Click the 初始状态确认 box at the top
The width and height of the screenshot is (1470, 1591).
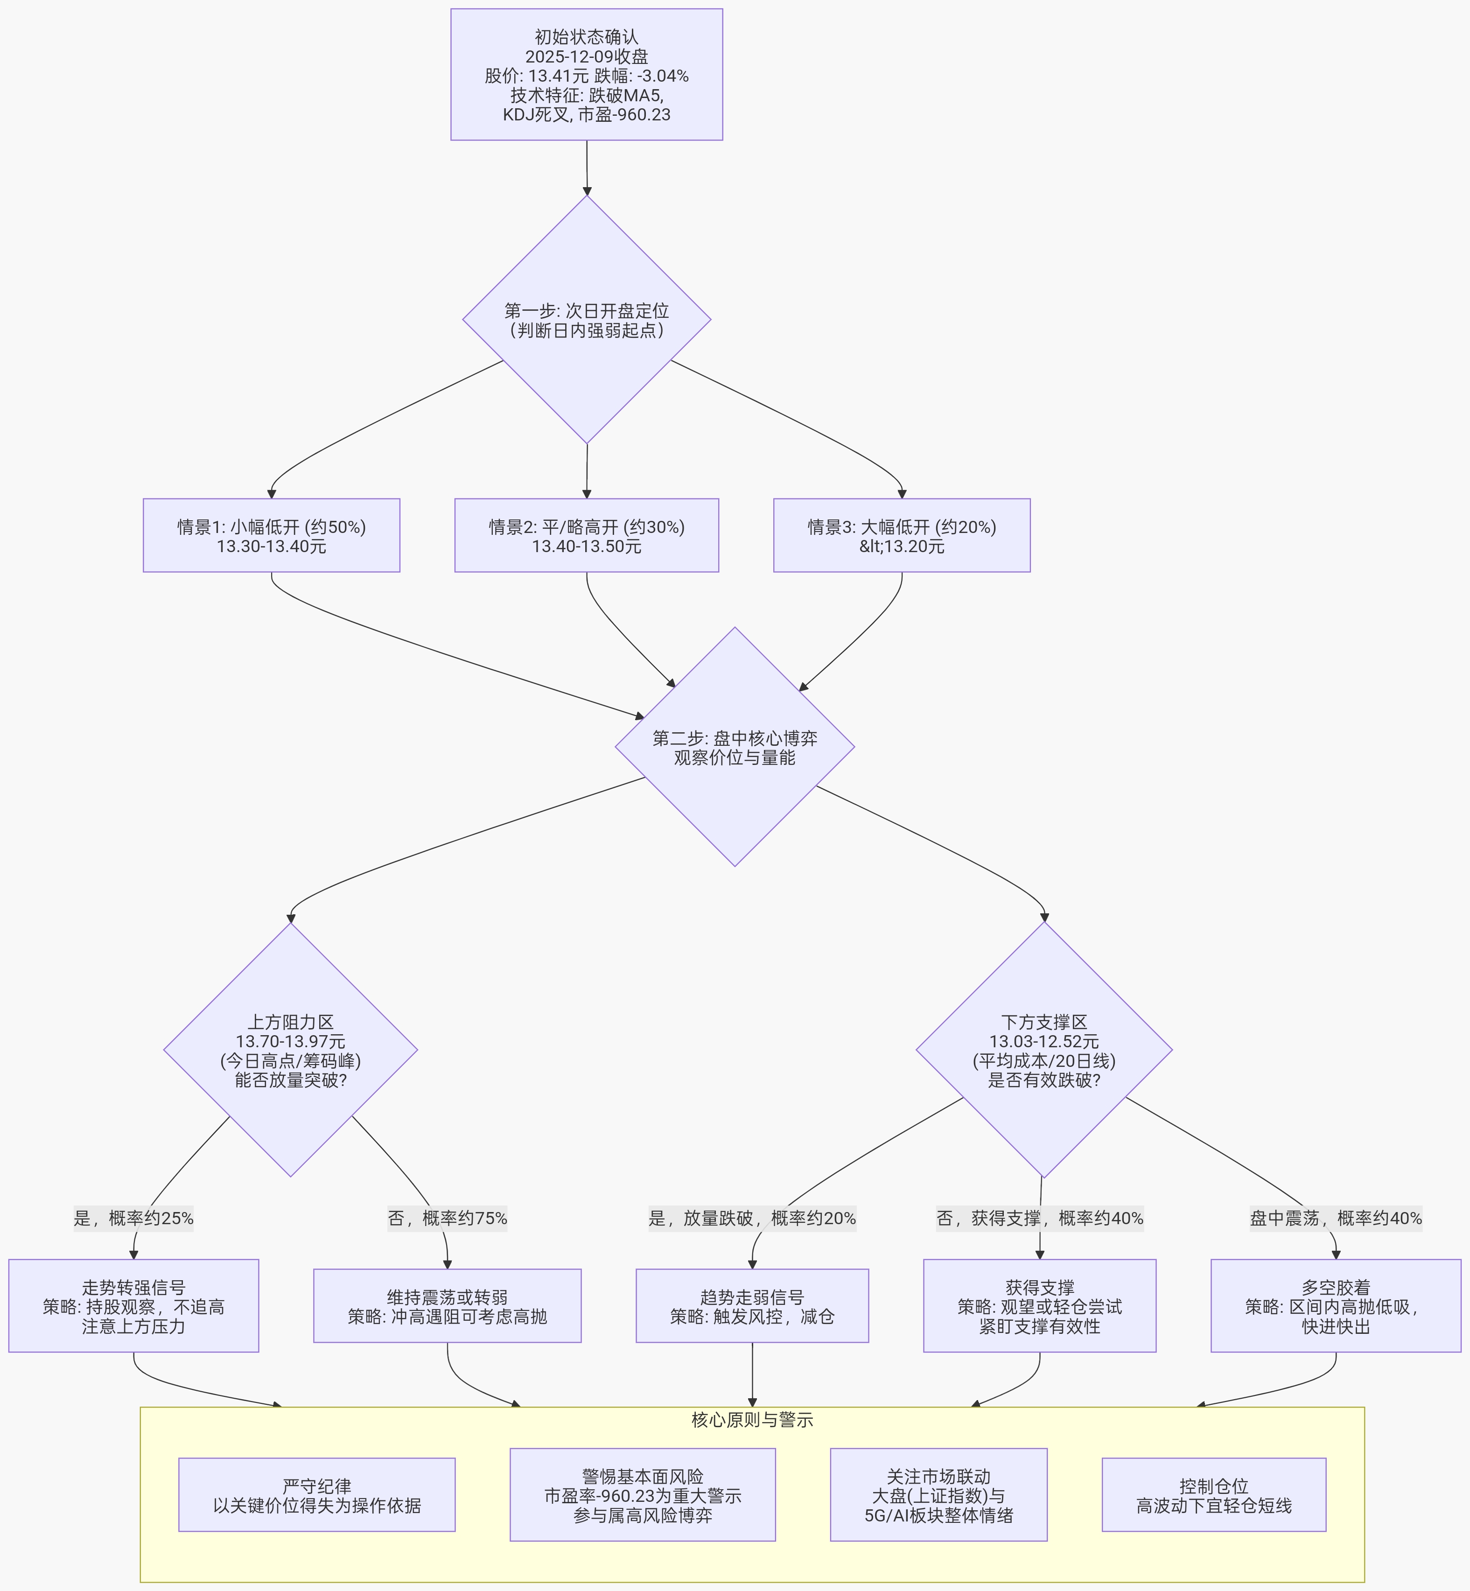pyautogui.click(x=586, y=75)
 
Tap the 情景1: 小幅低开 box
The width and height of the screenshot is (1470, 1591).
pyautogui.click(x=271, y=535)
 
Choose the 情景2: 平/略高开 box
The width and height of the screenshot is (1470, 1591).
pyautogui.click(x=586, y=535)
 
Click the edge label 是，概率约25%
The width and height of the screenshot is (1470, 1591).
pyautogui.click(x=133, y=1219)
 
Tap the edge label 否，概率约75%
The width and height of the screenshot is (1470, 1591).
pyautogui.click(x=447, y=1219)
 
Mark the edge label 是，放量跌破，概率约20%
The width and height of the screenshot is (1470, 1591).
pyautogui.click(x=752, y=1219)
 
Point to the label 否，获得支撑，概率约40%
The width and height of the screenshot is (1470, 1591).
pyautogui.click(x=1040, y=1219)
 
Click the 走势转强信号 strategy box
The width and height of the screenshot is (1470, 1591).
pyautogui.click(x=133, y=1306)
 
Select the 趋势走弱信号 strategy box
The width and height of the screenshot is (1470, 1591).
pyautogui.click(x=752, y=1306)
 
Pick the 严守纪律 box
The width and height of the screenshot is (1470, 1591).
pyautogui.click(x=316, y=1495)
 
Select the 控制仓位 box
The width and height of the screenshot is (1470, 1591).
pyautogui.click(x=1214, y=1495)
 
